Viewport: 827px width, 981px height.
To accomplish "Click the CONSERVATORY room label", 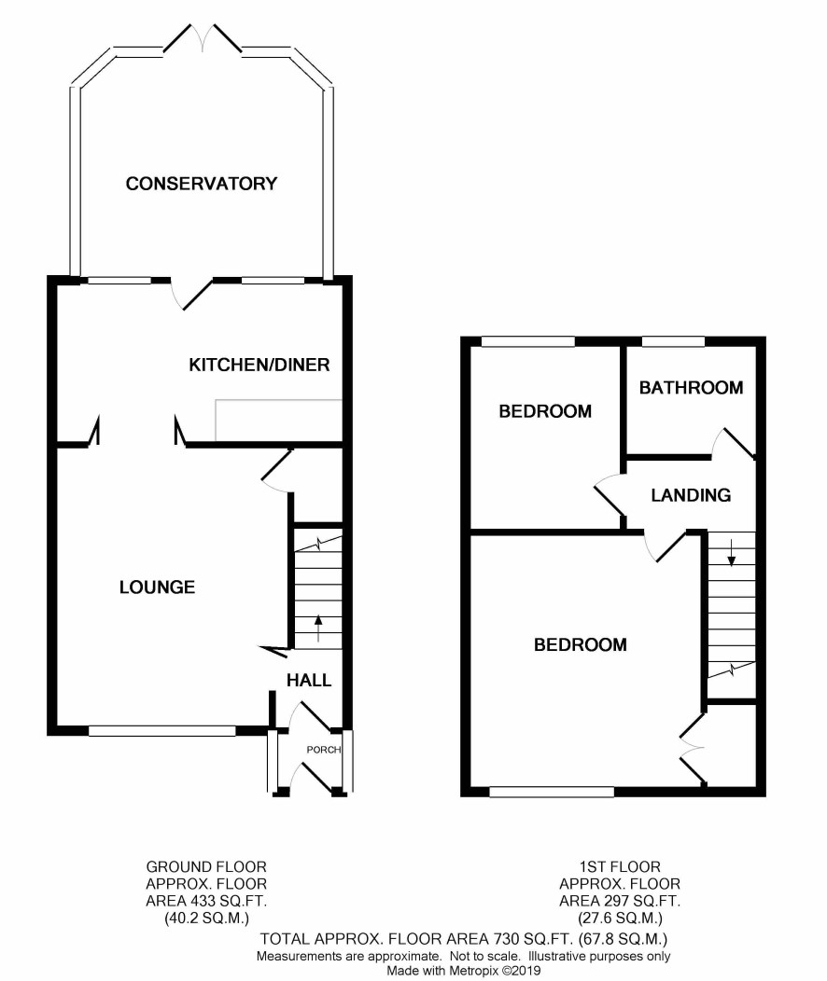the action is pyautogui.click(x=201, y=184).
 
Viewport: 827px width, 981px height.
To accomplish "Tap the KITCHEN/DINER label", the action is pyautogui.click(x=259, y=365).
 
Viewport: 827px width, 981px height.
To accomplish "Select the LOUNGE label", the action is pyautogui.click(x=157, y=587).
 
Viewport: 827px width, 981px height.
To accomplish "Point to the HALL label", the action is pyautogui.click(x=309, y=680).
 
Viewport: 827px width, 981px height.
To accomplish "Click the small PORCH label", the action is pyautogui.click(x=323, y=750).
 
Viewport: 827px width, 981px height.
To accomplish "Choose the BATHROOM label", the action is pyautogui.click(x=691, y=388).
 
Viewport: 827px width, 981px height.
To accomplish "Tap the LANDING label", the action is pyautogui.click(x=691, y=495).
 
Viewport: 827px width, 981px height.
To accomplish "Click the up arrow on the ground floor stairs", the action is pyautogui.click(x=318, y=629).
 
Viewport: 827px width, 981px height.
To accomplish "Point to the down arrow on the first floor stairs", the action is pyautogui.click(x=731, y=551).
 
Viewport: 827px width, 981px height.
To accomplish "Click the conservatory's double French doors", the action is pyautogui.click(x=203, y=38).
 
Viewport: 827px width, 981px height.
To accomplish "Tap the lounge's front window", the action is pyautogui.click(x=162, y=731).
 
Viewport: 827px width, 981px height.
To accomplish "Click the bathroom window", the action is pyautogui.click(x=674, y=341).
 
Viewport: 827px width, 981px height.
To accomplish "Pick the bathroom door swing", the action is pyautogui.click(x=734, y=444).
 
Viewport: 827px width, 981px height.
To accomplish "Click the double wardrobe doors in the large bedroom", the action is pyautogui.click(x=693, y=748).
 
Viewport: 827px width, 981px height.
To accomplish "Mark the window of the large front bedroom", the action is pyautogui.click(x=552, y=792).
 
